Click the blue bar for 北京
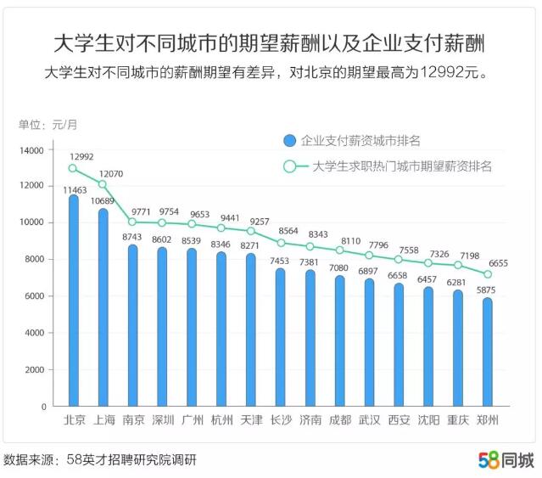[73, 301]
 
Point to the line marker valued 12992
[73, 167]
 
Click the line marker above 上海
[103, 184]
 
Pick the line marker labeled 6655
[487, 274]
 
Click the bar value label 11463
[75, 189]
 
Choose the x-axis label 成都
[339, 419]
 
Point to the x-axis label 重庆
[458, 419]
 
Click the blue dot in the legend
[290, 140]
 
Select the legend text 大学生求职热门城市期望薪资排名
[402, 166]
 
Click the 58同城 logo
[506, 460]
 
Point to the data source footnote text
[100, 460]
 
